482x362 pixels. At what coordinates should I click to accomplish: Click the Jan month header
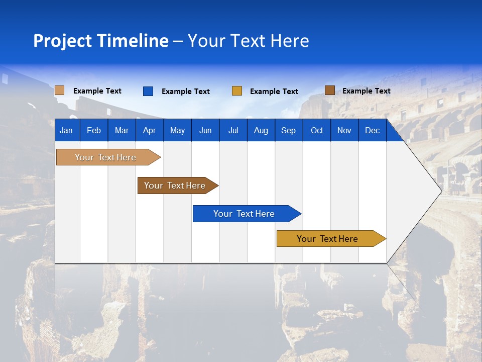point(66,130)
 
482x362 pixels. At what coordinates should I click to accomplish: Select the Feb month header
point(94,130)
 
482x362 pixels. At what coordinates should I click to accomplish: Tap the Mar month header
point(122,130)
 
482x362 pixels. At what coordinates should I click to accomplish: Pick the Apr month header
point(150,130)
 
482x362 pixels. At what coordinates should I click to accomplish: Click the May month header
point(177,130)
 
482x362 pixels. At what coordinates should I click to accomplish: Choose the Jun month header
point(205,130)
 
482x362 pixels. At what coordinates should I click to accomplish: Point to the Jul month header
point(233,130)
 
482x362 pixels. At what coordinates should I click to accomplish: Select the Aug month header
point(261,130)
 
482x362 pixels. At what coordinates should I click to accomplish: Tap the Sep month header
point(289,130)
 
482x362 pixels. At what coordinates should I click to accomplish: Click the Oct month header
point(317,130)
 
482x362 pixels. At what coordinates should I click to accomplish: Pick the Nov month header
point(344,130)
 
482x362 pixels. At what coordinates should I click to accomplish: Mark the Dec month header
point(373,130)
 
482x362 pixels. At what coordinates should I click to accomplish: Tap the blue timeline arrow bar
point(245,214)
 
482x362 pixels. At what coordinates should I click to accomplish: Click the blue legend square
point(148,91)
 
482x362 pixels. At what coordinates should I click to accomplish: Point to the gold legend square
point(237,91)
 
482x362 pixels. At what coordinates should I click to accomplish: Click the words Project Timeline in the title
point(101,41)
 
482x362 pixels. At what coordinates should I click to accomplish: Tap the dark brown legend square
point(330,90)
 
